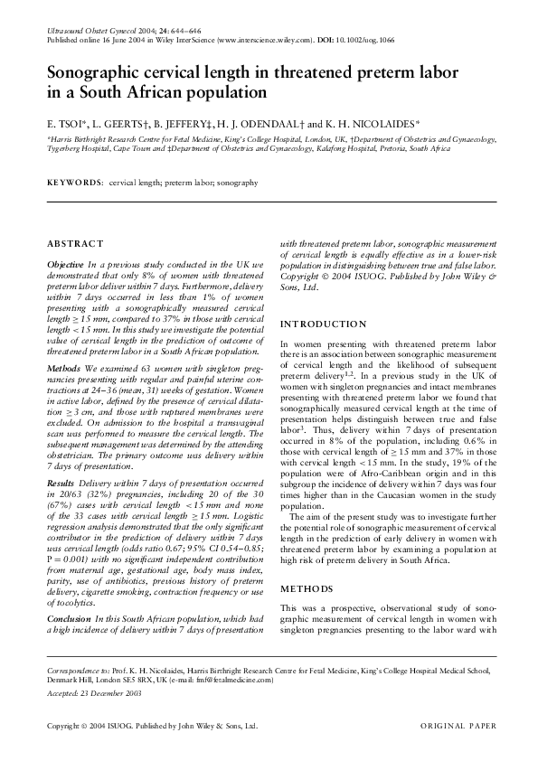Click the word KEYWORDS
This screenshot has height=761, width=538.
[x=74, y=183]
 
